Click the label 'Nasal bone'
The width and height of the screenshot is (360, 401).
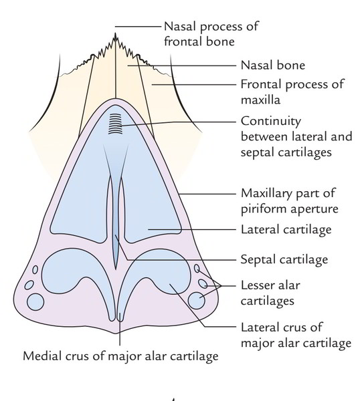click(273, 65)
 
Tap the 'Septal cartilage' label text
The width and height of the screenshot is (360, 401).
click(284, 259)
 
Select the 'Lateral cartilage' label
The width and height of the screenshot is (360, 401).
click(286, 229)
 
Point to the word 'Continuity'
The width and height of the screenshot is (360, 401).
click(271, 122)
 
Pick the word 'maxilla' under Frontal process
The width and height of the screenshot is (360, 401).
click(261, 100)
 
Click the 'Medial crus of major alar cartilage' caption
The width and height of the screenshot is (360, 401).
click(120, 356)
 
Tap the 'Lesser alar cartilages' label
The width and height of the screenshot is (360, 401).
click(270, 293)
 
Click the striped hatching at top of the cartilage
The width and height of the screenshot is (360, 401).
click(115, 124)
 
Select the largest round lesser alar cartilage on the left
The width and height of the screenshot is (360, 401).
click(35, 302)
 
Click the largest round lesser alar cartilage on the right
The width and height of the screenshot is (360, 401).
click(196, 301)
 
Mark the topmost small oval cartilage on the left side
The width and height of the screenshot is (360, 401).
click(35, 269)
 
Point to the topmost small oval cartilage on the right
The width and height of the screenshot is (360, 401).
click(197, 268)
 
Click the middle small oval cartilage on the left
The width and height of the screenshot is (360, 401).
click(29, 285)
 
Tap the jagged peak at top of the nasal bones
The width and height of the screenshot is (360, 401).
click(115, 33)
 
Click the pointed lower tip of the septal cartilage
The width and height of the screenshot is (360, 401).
click(116, 269)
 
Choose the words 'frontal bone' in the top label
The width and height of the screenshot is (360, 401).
click(199, 41)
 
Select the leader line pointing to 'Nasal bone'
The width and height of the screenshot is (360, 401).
click(182, 65)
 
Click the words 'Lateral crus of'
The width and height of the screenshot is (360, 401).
click(282, 327)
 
